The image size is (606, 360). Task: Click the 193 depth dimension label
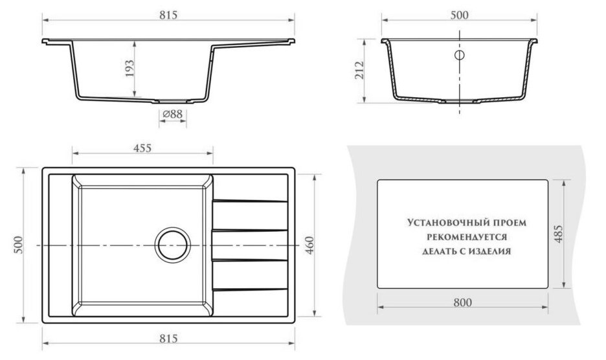coord(129,69)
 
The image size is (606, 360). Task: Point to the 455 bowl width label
coord(142,148)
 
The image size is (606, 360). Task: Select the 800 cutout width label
coord(463,302)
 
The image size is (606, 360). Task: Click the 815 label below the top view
coord(168,339)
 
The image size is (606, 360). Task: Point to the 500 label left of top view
coord(19,244)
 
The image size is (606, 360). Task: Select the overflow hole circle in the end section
coord(459,55)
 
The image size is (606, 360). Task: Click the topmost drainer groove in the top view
coord(250,201)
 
